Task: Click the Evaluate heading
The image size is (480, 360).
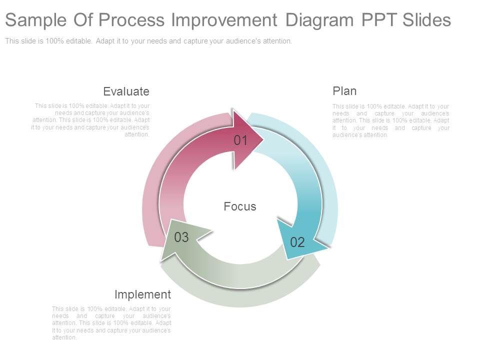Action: pyautogui.click(x=126, y=91)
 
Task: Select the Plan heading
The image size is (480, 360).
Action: pyautogui.click(x=344, y=91)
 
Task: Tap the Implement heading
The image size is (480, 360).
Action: pyautogui.click(x=142, y=294)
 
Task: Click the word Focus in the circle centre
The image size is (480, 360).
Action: pyautogui.click(x=240, y=206)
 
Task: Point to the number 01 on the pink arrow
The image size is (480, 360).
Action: pyautogui.click(x=240, y=140)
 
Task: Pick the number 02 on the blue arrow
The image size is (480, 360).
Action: pyautogui.click(x=297, y=242)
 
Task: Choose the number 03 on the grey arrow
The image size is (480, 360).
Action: pyautogui.click(x=181, y=237)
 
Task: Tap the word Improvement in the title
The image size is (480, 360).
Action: pyautogui.click(x=224, y=20)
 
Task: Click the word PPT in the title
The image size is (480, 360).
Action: pyautogui.click(x=380, y=20)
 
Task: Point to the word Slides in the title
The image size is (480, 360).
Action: pyautogui.click(x=426, y=20)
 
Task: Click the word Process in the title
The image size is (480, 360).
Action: pyautogui.click(x=131, y=20)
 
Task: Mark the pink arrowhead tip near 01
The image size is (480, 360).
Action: pyautogui.click(x=263, y=139)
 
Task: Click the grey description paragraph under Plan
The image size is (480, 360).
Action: pyautogui.click(x=391, y=120)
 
